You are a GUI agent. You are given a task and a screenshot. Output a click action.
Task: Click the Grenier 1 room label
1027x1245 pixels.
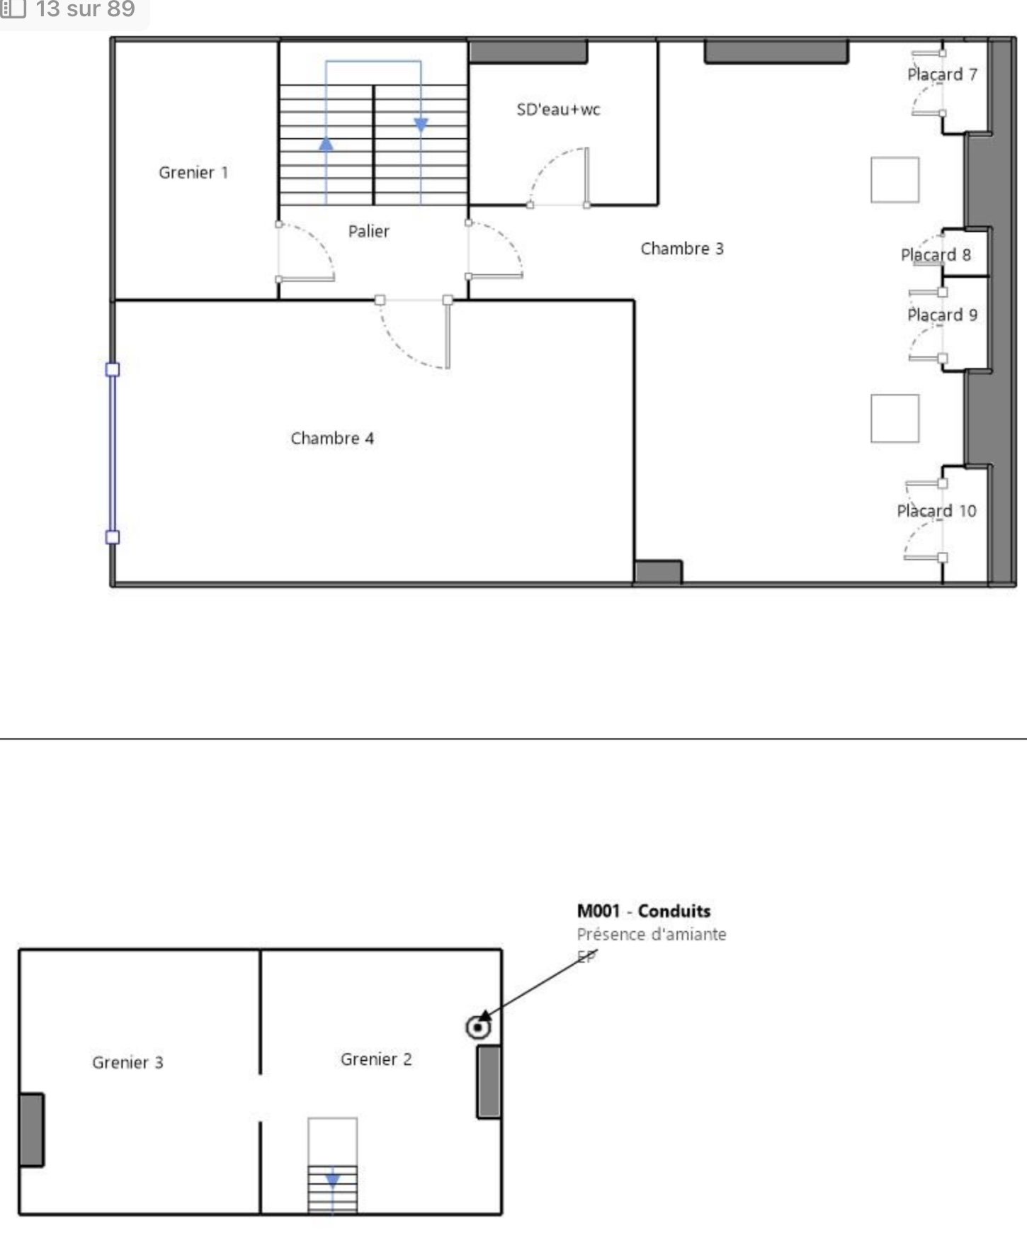[193, 172]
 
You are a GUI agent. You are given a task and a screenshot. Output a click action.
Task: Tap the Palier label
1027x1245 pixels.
[368, 231]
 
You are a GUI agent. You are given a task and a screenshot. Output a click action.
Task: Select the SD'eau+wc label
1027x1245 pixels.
[558, 109]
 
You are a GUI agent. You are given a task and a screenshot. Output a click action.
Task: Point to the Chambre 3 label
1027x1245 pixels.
[682, 249]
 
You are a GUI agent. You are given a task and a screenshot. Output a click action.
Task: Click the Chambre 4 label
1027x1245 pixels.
[332, 439]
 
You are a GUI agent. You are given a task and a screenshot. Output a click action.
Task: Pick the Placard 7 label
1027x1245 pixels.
[942, 74]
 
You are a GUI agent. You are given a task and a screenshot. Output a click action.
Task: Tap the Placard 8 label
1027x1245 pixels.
[936, 255]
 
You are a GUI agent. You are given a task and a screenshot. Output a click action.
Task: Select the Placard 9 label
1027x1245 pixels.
[942, 315]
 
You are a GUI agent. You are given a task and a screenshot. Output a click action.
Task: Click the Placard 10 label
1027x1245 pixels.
[936, 511]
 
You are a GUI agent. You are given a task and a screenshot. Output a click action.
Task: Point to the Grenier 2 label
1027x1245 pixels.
[376, 1059]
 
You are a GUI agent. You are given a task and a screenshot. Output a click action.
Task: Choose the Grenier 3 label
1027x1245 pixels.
[127, 1063]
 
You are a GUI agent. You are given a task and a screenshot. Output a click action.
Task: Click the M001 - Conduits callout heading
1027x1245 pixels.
[644, 911]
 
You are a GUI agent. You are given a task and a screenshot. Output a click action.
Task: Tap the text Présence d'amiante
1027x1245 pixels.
[652, 935]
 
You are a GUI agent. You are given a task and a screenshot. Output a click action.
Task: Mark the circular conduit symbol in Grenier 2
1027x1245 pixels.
[479, 1027]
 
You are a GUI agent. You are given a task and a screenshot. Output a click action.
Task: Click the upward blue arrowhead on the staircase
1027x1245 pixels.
[326, 144]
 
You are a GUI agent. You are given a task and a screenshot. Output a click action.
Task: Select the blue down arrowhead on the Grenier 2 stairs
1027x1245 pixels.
[332, 1181]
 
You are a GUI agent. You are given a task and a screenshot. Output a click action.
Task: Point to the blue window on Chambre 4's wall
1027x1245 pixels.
[113, 454]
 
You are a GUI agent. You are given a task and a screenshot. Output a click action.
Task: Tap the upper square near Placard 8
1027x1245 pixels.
[895, 180]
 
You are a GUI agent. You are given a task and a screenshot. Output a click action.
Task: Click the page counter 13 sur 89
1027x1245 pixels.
[85, 9]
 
